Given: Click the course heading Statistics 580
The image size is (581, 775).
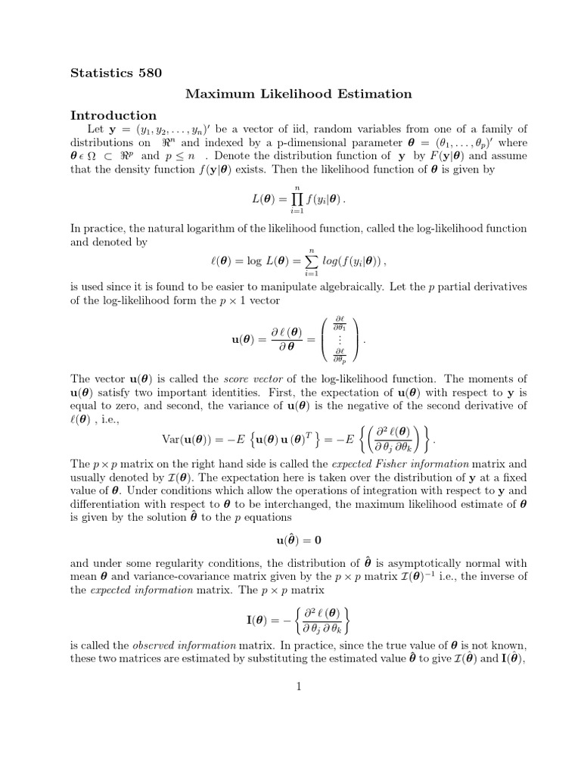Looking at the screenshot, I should coord(116,73).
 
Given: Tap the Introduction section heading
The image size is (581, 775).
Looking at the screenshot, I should coord(113,116).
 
